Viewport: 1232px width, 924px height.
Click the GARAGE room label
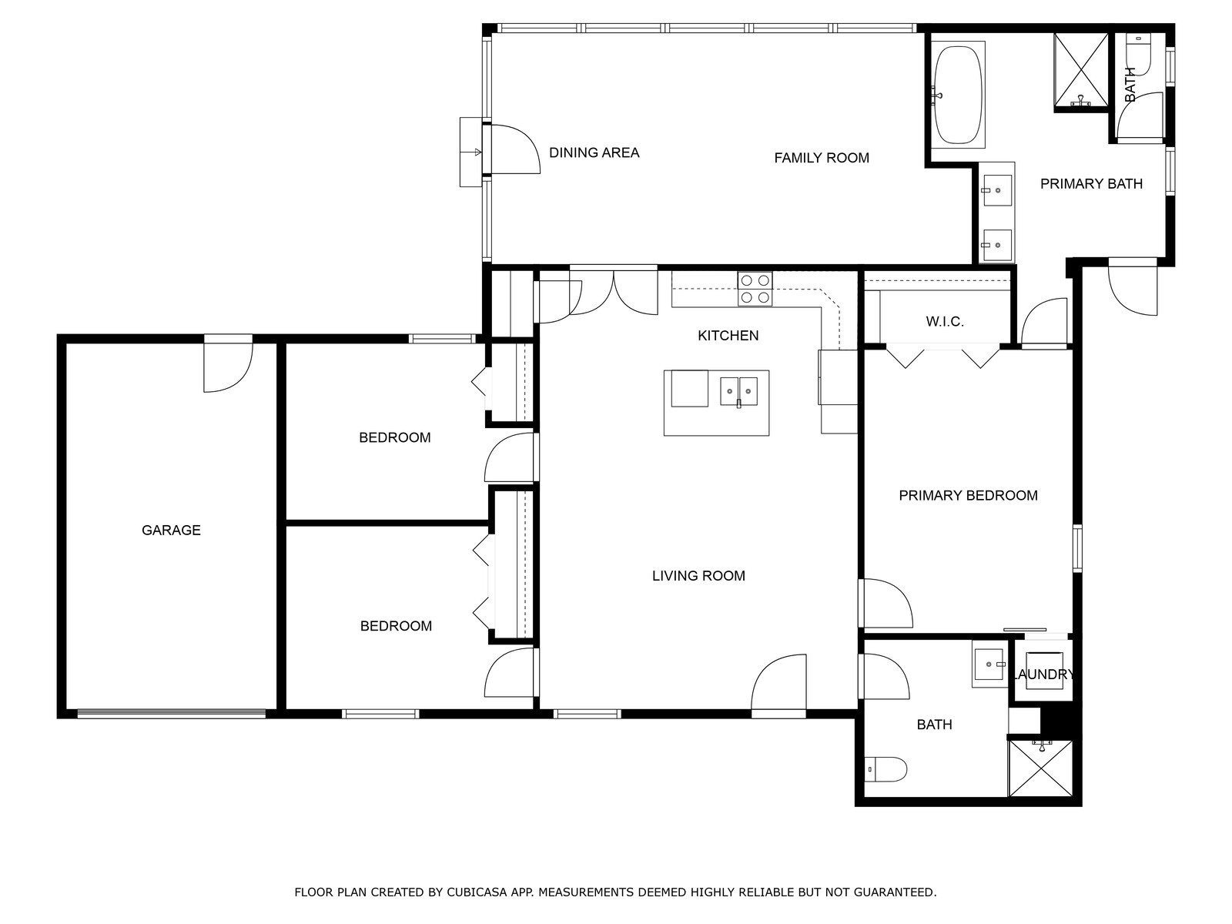[x=171, y=531]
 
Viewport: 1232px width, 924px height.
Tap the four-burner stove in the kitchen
[x=755, y=288]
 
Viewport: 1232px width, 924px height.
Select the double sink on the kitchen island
[x=738, y=391]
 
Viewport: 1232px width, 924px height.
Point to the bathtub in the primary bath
[x=958, y=94]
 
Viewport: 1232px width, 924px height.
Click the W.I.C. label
[x=945, y=321]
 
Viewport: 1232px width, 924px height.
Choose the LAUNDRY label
[x=1043, y=675]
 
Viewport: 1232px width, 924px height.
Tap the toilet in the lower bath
[x=886, y=769]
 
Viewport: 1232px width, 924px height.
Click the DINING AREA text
[x=594, y=152]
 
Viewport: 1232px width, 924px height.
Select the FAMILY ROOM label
[x=821, y=158]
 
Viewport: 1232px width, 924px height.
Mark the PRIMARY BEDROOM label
[x=968, y=495]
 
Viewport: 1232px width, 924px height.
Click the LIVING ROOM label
[x=698, y=576]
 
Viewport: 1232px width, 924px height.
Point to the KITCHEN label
[x=728, y=336]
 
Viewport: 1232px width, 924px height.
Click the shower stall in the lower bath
[x=1040, y=768]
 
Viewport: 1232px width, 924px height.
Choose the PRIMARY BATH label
[x=1091, y=184]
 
